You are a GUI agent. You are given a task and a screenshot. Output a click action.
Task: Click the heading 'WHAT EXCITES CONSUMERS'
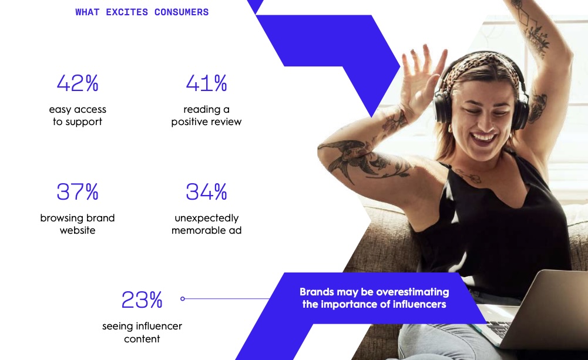click(142, 12)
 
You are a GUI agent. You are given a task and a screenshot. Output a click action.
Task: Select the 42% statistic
click(78, 83)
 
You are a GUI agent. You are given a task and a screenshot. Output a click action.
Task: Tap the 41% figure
click(207, 83)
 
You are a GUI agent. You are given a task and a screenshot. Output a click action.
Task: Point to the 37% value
click(78, 191)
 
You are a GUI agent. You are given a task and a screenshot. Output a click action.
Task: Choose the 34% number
click(207, 191)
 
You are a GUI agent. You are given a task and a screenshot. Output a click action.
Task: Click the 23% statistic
click(142, 300)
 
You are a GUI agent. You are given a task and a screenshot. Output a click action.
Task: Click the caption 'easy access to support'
click(78, 116)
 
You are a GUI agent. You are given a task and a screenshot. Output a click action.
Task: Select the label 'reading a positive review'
click(207, 116)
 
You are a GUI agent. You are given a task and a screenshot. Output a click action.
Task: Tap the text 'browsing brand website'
click(78, 224)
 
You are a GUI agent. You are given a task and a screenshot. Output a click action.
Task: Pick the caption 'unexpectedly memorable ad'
click(207, 224)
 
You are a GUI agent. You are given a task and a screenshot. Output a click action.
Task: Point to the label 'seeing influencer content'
click(142, 332)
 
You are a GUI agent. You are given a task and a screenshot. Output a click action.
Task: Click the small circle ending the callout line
click(183, 299)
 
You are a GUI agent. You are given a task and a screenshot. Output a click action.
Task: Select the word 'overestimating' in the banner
click(412, 292)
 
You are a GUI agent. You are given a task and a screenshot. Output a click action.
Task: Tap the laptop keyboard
click(499, 328)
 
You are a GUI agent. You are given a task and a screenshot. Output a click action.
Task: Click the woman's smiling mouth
click(483, 138)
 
